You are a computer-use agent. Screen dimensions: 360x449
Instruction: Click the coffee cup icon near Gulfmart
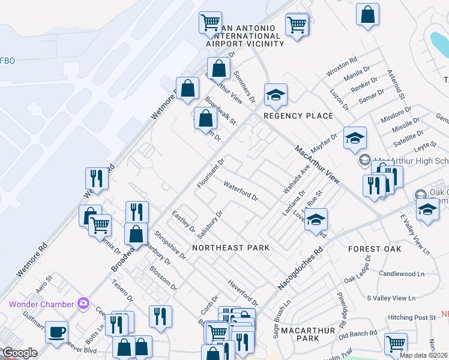click(56, 332)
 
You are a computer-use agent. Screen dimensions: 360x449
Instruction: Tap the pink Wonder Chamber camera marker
click(83, 304)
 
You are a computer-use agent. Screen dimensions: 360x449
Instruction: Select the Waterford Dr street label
click(241, 191)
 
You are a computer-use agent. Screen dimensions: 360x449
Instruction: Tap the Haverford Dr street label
click(243, 292)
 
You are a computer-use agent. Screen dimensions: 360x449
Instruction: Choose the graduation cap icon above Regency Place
click(276, 95)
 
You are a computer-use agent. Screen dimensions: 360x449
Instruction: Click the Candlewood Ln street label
click(402, 274)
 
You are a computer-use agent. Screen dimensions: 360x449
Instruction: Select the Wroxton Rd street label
click(342, 66)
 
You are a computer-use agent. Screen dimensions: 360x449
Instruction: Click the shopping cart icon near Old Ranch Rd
click(396, 344)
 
